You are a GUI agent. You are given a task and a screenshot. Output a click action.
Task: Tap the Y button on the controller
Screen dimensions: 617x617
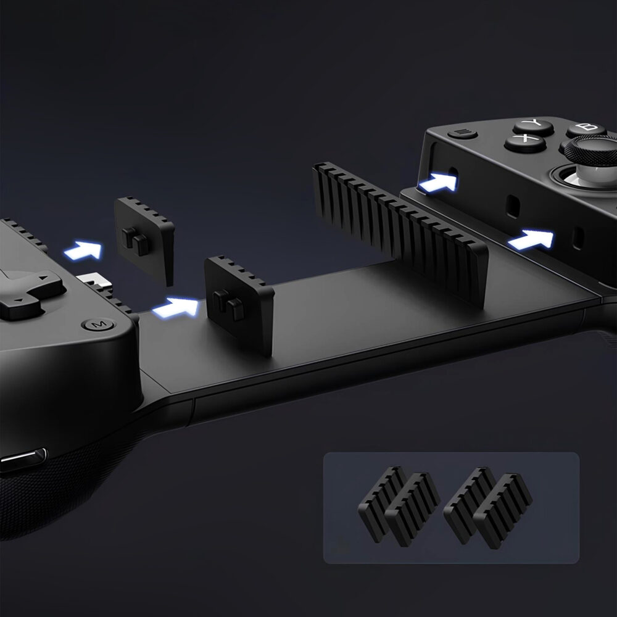[533, 126]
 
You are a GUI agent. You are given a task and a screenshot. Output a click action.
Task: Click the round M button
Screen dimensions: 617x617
[98, 325]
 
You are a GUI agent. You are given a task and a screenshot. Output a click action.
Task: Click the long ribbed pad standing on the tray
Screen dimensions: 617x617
[399, 231]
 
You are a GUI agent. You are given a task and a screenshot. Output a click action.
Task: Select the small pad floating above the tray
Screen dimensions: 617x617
[144, 238]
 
